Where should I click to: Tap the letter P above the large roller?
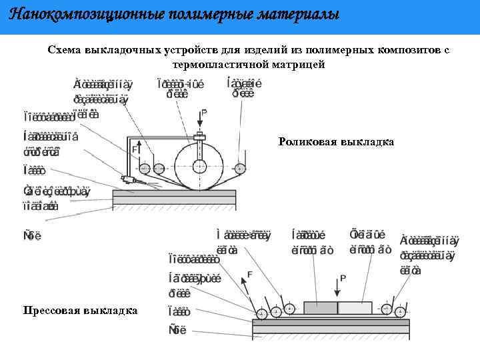[204, 114]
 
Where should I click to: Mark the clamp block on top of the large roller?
[199, 136]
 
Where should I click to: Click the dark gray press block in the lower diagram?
[320, 307]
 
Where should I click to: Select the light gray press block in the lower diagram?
[355, 307]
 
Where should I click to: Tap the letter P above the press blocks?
[343, 278]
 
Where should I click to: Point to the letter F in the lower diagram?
[249, 274]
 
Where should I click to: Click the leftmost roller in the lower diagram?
[261, 313]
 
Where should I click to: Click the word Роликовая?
[307, 142]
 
